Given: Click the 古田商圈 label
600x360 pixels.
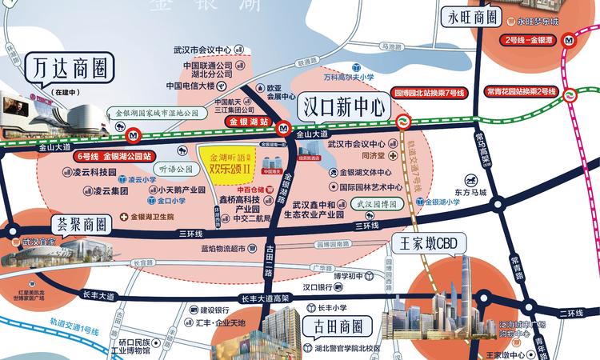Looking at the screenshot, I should (333, 326).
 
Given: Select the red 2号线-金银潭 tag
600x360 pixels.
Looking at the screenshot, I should (533, 39).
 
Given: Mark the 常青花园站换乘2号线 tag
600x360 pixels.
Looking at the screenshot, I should (521, 93).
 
